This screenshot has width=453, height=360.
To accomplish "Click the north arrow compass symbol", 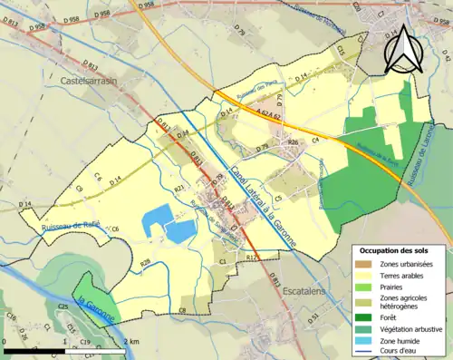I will point(405,50).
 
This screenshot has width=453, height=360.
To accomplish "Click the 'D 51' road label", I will point(314,319).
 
